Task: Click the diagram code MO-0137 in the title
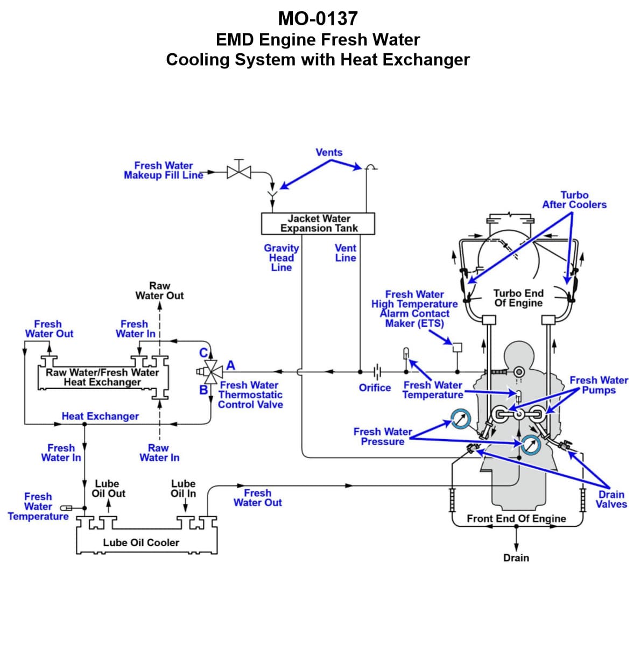tap(318, 19)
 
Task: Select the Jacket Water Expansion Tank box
tap(318, 223)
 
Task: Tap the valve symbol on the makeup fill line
tap(239, 172)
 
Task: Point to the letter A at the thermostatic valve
tap(231, 365)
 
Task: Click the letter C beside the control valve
tap(203, 353)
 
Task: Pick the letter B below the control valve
tap(204, 390)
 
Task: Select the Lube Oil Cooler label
tap(141, 543)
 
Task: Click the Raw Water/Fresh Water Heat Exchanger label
tap(102, 377)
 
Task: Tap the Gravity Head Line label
tap(281, 258)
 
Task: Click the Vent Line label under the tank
tap(345, 253)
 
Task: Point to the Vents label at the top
tap(329, 152)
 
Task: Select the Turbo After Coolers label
tap(574, 200)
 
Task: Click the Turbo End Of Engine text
tap(518, 298)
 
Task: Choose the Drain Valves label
tap(611, 499)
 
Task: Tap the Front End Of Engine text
tap(516, 518)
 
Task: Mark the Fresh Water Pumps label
tap(599, 385)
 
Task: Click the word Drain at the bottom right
tap(516, 558)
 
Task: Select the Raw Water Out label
tap(159, 291)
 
